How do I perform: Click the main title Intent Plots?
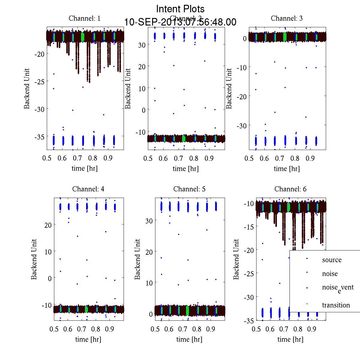pos(180,9)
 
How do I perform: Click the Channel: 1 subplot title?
pos(85,18)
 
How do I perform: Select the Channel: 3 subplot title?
pos(286,18)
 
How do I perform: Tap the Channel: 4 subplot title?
pos(88,189)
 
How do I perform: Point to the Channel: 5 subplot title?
pos(189,189)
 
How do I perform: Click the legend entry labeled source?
pos(331,260)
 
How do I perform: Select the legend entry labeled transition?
pos(336,305)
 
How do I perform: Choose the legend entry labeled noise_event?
pos(337,288)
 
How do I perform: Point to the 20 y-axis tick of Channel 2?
pos(142,67)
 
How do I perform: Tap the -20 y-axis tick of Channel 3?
pos(241,96)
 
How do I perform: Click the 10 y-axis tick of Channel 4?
pos(48,251)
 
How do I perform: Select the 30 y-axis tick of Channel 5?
pos(149,220)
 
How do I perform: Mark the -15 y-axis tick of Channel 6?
pos(249,227)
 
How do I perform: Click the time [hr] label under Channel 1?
pos(85,168)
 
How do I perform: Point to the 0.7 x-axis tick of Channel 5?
pos(183,329)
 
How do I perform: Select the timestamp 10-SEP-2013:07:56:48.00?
pos(180,22)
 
